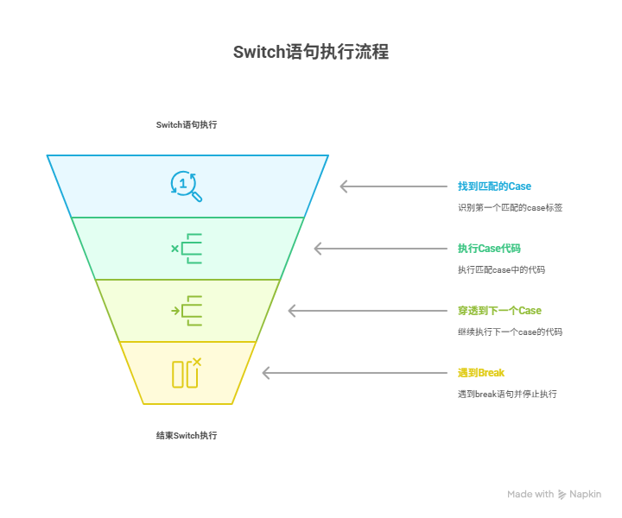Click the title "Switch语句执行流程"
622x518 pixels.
311,52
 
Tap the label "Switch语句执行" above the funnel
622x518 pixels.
187,124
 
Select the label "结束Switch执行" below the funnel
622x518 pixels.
187,435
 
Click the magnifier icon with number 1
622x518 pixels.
186,186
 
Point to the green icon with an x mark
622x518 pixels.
187,249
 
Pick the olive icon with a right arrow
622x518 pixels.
187,311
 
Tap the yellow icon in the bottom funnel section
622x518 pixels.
187,373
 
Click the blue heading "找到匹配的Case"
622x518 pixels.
494,186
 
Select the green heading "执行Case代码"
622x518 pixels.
489,249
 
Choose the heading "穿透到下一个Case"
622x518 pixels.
499,311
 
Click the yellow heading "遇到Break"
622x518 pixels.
480,373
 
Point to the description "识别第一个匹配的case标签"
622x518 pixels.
510,208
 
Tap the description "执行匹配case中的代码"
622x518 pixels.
501,270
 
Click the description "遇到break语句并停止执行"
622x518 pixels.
507,395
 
